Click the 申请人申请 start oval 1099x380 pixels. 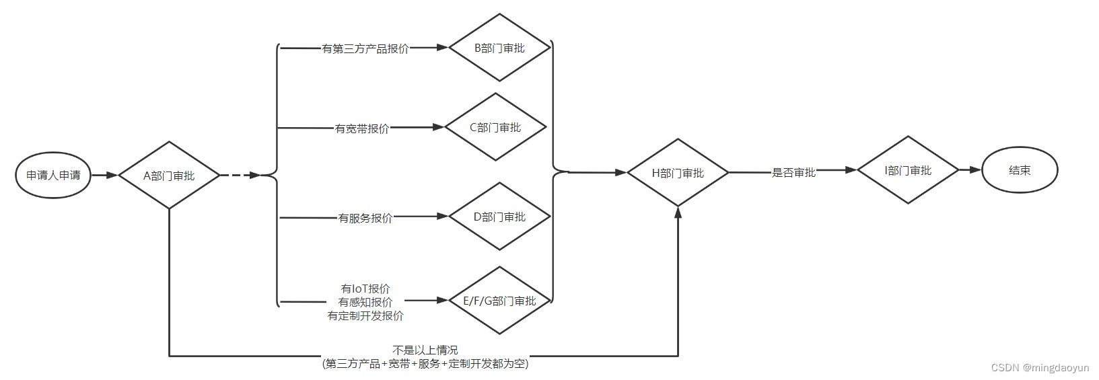[53, 176]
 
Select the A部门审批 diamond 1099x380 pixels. [169, 176]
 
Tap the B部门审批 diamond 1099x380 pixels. [499, 48]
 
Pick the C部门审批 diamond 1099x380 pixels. [495, 127]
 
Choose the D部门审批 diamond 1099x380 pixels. [499, 217]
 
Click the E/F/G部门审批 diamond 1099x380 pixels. [499, 301]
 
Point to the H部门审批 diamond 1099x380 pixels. [678, 173]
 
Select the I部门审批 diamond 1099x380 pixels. [908, 170]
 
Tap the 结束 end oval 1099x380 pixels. [1020, 170]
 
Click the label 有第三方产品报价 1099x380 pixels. [365, 48]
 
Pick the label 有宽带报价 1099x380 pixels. [362, 128]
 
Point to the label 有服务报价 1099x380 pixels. [365, 217]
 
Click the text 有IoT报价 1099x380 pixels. [365, 289]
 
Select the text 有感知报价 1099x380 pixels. [365, 302]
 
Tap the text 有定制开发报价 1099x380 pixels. [365, 315]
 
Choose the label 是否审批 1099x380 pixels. [793, 173]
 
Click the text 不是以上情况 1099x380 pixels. [425, 350]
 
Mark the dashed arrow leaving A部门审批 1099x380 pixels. [240, 176]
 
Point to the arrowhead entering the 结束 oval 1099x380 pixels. [975, 170]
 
